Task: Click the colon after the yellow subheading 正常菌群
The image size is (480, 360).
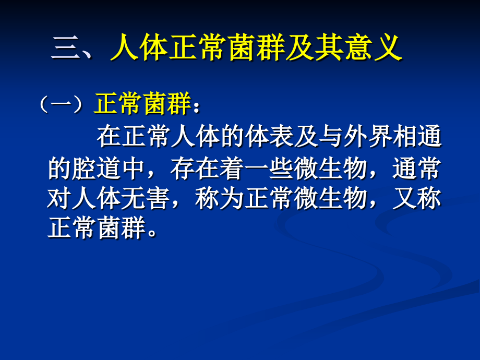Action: (196, 107)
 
